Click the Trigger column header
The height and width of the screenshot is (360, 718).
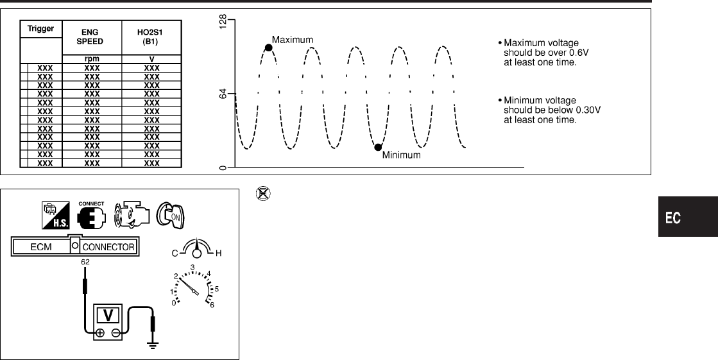(40, 29)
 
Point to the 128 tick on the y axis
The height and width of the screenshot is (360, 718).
(223, 25)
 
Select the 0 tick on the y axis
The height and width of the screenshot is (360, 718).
(223, 168)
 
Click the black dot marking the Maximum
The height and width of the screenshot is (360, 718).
(268, 47)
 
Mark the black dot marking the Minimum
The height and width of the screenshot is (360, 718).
(378, 147)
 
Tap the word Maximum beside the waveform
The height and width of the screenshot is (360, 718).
(293, 40)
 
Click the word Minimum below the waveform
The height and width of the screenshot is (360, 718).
(401, 155)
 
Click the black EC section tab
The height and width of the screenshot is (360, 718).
(674, 218)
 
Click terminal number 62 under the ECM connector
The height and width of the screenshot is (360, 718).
(85, 262)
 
